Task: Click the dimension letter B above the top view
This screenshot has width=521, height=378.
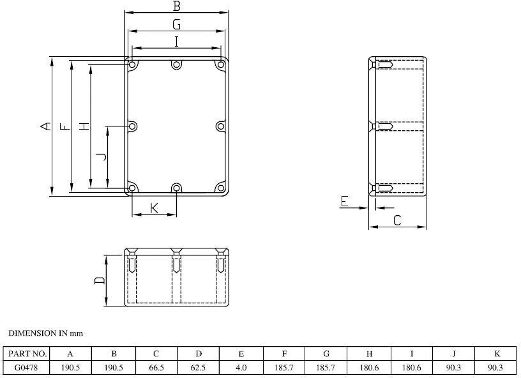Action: (x=177, y=6)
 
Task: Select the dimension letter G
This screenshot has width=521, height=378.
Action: (x=177, y=24)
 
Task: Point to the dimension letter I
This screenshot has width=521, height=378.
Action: (x=177, y=42)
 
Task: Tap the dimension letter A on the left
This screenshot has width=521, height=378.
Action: (x=45, y=126)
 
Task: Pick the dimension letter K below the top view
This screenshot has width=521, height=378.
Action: (x=154, y=208)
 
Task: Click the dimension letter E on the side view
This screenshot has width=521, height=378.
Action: (x=344, y=202)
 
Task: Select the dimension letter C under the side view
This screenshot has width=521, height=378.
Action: (x=397, y=220)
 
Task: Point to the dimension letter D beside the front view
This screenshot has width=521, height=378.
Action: (x=100, y=280)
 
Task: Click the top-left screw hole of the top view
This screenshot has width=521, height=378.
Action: (x=132, y=65)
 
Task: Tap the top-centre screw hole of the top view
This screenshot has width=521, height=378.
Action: (x=176, y=64)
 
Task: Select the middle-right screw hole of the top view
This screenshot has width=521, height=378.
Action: (x=220, y=126)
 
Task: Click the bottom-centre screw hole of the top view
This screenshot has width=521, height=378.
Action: (x=176, y=188)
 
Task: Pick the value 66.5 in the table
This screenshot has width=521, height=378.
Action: (x=156, y=367)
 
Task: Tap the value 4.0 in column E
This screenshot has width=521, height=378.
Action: (x=241, y=367)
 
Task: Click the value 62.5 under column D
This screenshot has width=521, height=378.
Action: (x=198, y=367)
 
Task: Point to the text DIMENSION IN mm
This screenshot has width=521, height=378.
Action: (x=45, y=333)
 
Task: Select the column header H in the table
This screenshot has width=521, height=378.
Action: (x=369, y=354)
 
